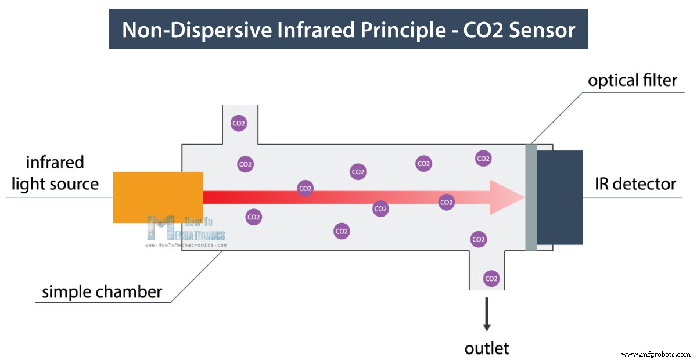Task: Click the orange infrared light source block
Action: click(x=157, y=197)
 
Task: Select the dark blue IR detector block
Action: click(x=559, y=197)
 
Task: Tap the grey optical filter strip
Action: click(x=530, y=197)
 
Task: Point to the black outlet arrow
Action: click(x=487, y=314)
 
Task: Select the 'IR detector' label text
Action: click(x=635, y=184)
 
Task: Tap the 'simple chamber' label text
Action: click(x=102, y=291)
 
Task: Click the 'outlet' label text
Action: click(x=487, y=348)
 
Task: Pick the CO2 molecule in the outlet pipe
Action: click(x=491, y=278)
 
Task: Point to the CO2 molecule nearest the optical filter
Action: click(x=483, y=158)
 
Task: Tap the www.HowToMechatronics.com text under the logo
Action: click(x=185, y=245)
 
